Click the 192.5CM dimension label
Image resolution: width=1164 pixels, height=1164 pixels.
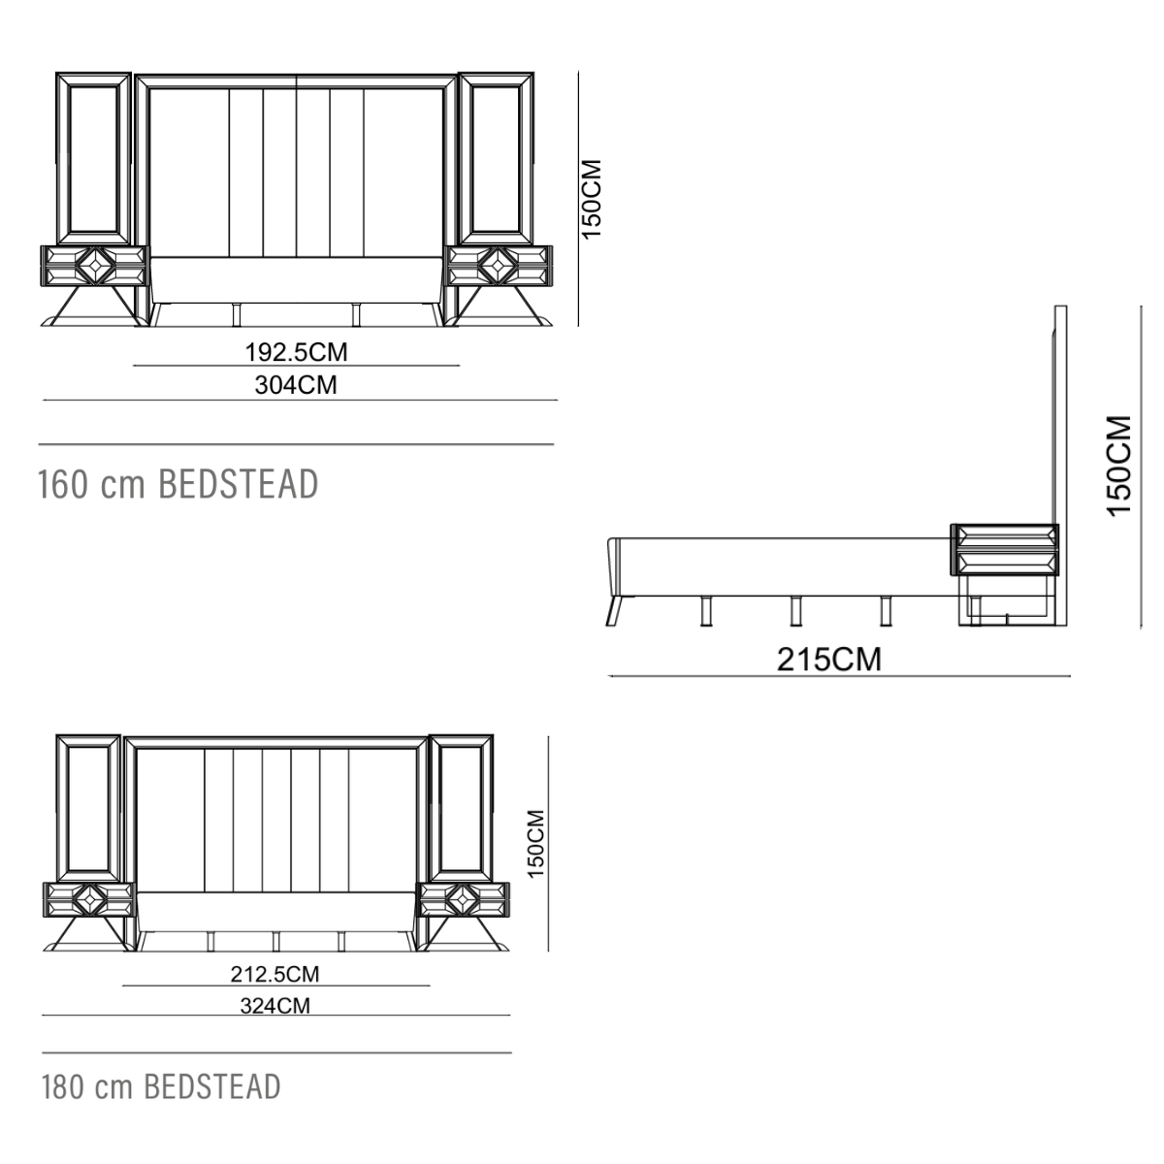click(296, 352)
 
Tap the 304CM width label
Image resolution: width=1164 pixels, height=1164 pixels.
click(296, 385)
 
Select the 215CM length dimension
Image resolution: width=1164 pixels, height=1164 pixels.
click(828, 659)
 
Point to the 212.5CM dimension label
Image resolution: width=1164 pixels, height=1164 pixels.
click(275, 974)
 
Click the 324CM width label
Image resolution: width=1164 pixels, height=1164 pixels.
click(275, 1006)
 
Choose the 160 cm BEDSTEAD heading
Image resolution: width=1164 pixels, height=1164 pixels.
click(178, 484)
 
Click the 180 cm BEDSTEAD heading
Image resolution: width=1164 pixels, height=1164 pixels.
click(161, 1086)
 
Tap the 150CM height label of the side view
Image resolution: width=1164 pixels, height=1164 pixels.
click(1118, 466)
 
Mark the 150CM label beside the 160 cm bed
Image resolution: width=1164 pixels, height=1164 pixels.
click(592, 200)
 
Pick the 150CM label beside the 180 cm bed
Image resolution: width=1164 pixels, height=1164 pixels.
click(535, 845)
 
